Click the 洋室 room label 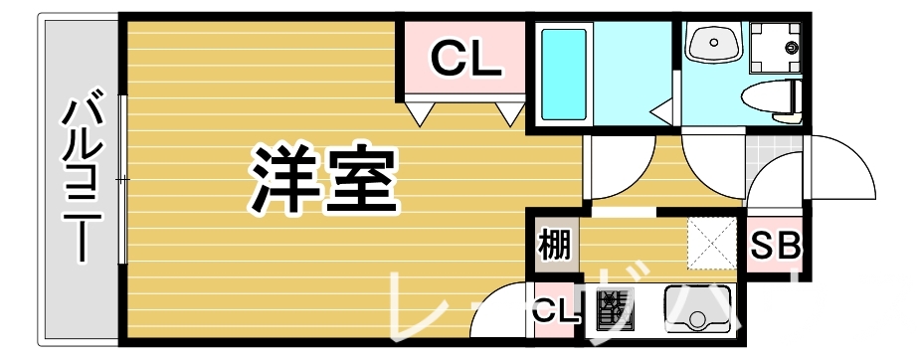[x=322, y=180]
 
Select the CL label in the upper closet [x=463, y=62]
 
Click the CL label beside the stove [x=555, y=312]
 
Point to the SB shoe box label [x=775, y=246]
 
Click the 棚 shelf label [x=554, y=245]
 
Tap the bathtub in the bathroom [x=563, y=73]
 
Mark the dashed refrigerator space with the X [x=714, y=243]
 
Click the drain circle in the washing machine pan [x=792, y=47]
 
